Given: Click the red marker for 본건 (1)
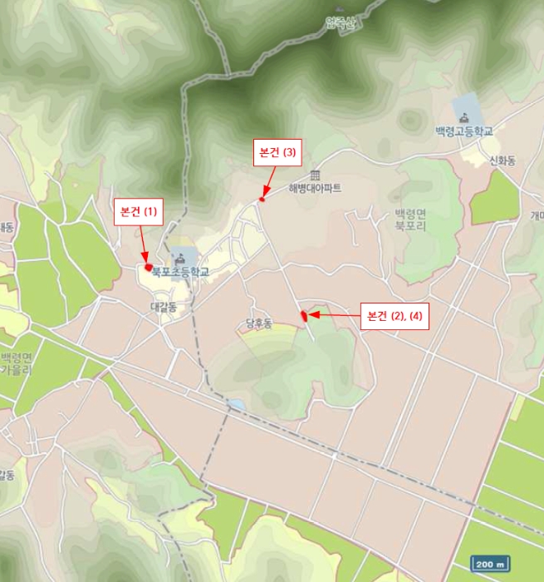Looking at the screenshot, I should point(148,267).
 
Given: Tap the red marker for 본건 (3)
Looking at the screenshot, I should point(262,199).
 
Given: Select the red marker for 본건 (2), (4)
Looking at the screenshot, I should point(305,315).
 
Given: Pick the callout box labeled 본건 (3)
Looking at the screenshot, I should point(277,152).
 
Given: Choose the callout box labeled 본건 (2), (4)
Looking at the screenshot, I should point(395,316).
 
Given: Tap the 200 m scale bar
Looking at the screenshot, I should point(490,565).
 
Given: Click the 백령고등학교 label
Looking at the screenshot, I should point(463,131).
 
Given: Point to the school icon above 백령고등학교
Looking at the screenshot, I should point(463,111).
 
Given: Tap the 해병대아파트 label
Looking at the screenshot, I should point(315,189).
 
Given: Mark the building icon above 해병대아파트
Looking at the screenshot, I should point(315,175).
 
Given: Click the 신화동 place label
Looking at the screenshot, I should point(502,161).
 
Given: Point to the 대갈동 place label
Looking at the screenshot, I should point(163,307).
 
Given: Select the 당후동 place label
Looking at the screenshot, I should point(259,323).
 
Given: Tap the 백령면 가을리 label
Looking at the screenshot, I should point(17,363).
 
